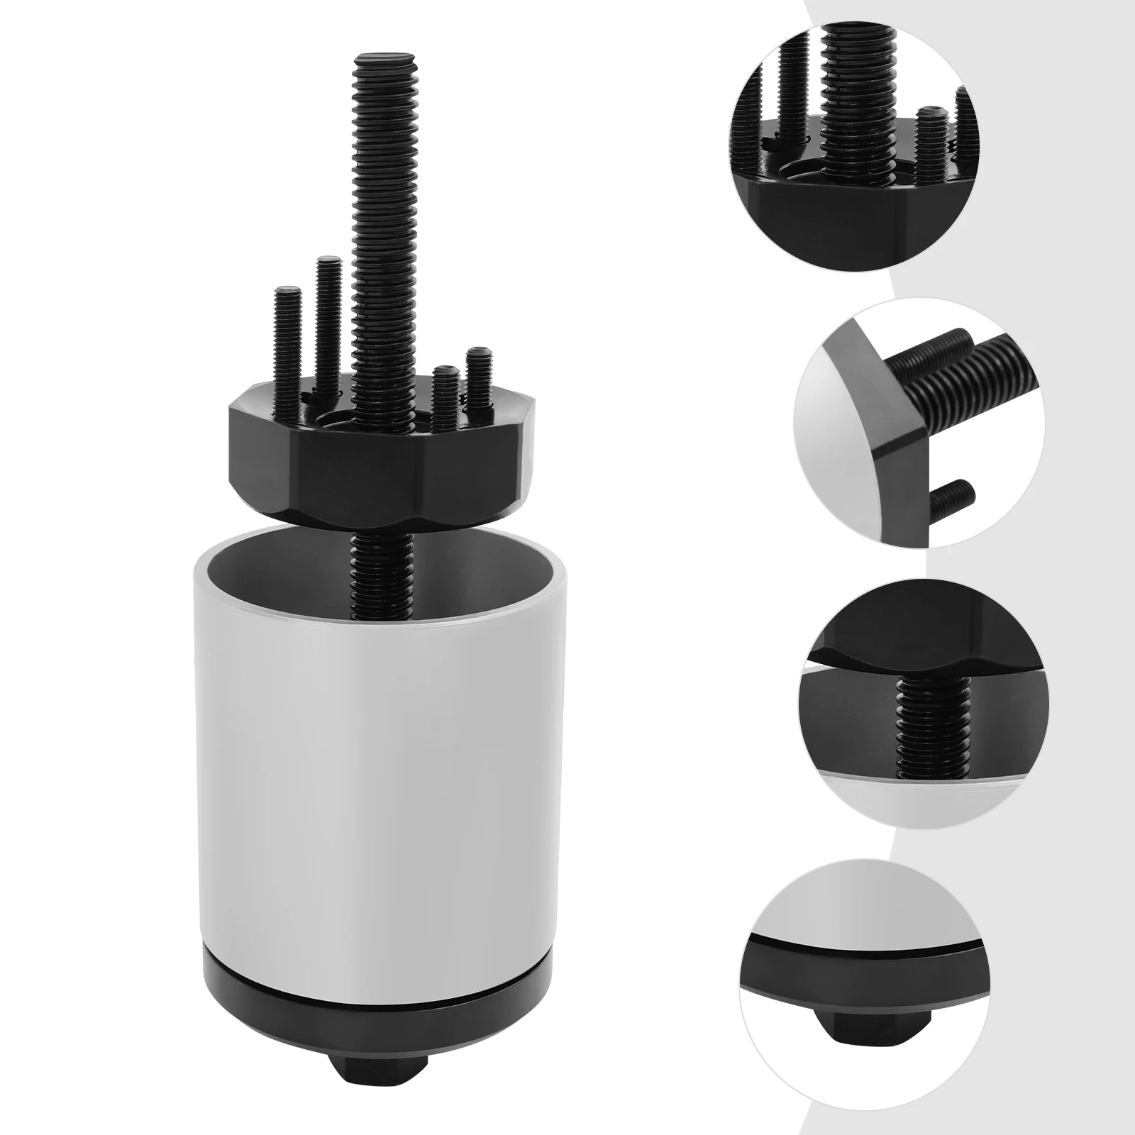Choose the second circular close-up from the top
(x=919, y=422)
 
